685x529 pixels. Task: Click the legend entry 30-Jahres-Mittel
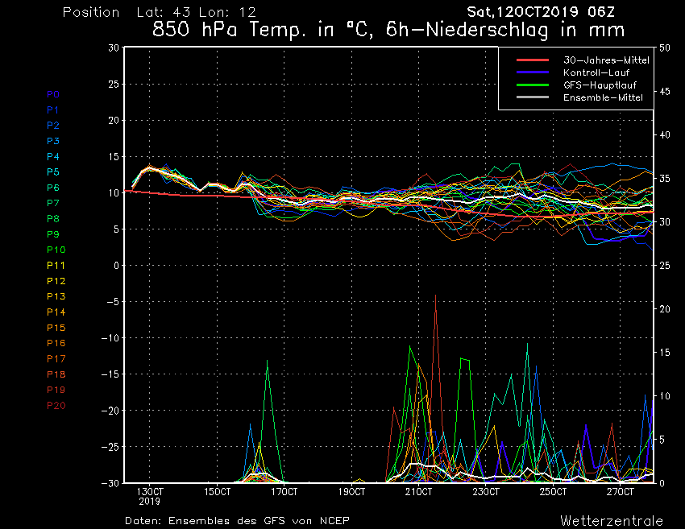pyautogui.click(x=596, y=60)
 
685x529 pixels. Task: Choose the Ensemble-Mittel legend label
pyautogui.click(x=597, y=97)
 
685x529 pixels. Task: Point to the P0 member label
pyautogui.click(x=52, y=94)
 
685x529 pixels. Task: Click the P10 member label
pyautogui.click(x=56, y=250)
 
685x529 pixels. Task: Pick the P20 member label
pyautogui.click(x=56, y=405)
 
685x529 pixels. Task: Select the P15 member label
pyautogui.click(x=56, y=328)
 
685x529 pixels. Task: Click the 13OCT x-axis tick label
pyautogui.click(x=150, y=491)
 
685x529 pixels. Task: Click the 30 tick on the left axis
pyautogui.click(x=114, y=48)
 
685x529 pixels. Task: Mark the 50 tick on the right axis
pyautogui.click(x=665, y=48)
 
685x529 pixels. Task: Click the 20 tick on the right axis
pyautogui.click(x=665, y=309)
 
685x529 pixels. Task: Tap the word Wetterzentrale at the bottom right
pyautogui.click(x=612, y=520)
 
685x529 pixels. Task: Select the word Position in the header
pyautogui.click(x=90, y=13)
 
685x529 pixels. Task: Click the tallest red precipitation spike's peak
pyautogui.click(x=436, y=295)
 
